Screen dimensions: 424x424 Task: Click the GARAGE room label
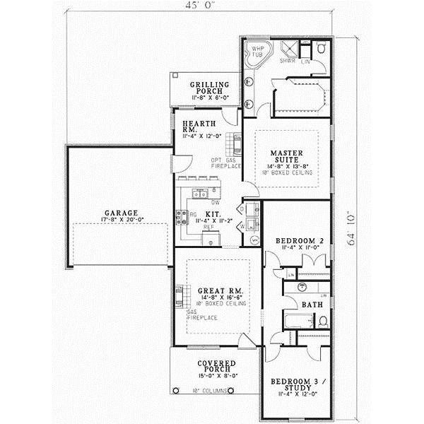(x=122, y=212)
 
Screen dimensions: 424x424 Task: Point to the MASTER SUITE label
(x=287, y=155)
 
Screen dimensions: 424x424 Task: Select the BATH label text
(x=312, y=305)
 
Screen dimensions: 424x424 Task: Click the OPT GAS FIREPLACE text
(x=226, y=163)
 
